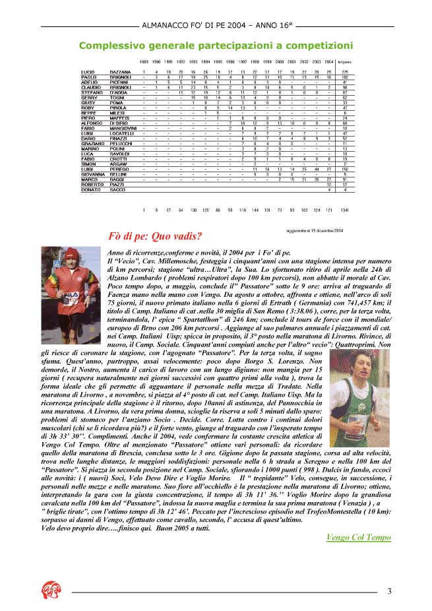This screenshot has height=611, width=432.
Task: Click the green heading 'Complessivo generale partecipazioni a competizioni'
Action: pyautogui.click(x=215, y=46)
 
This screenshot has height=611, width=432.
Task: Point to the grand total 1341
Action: pyautogui.click(x=344, y=210)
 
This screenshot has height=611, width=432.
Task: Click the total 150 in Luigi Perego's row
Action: pyautogui.click(x=344, y=169)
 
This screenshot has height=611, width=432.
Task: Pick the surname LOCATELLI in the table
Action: pyautogui.click(x=122, y=133)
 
